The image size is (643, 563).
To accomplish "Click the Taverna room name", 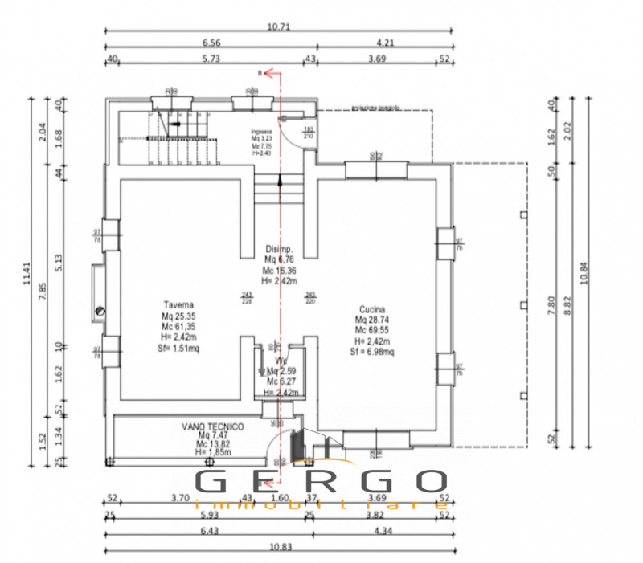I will pos(177,305).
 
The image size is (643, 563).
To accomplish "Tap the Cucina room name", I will pos(372,309).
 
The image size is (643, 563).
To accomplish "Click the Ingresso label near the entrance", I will pos(261,131).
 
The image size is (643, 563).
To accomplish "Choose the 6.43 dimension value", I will pos(207,530).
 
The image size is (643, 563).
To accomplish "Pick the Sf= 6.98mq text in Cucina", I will pos(371,351).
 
